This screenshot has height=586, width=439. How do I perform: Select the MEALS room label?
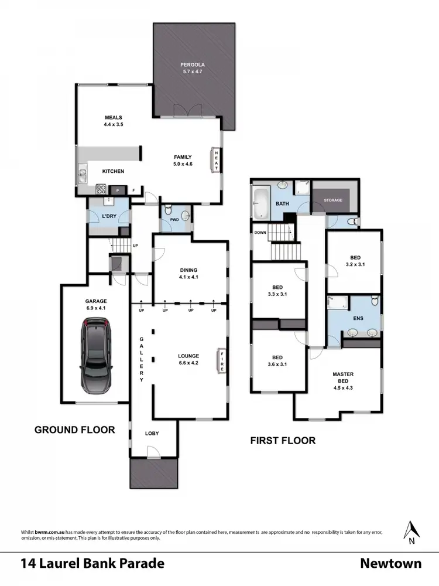click(113, 117)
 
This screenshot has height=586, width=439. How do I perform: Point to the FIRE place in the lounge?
click(221, 359)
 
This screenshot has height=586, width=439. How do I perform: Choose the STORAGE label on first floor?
click(333, 200)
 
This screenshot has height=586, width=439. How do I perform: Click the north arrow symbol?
click(412, 531)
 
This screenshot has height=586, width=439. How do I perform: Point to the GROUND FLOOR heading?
click(74, 430)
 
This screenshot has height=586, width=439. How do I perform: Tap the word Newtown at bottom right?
click(390, 564)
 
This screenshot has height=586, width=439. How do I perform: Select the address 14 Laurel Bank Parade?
click(92, 564)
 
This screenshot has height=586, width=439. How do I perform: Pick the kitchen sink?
click(81, 174)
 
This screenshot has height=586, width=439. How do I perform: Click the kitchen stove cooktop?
click(101, 189)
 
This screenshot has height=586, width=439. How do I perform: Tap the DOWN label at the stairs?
click(260, 233)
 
